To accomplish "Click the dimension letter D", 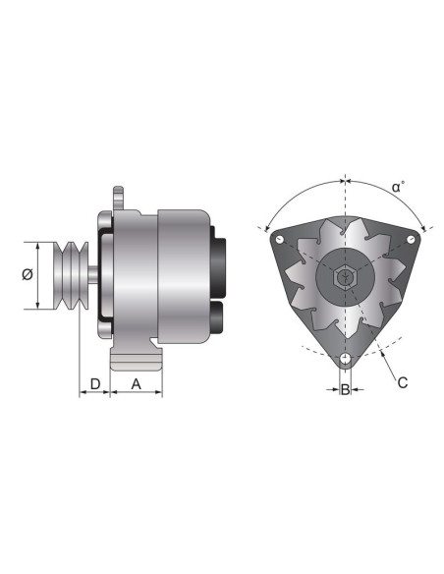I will click(x=95, y=381).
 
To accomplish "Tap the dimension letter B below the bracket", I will click(x=345, y=391).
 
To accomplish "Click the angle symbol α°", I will click(x=397, y=186).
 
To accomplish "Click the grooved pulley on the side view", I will click(x=70, y=275).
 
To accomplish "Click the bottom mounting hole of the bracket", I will click(x=345, y=358).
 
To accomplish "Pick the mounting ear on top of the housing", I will click(x=119, y=200).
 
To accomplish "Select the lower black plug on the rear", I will click(x=217, y=316).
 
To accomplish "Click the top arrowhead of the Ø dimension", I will click(x=38, y=245).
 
